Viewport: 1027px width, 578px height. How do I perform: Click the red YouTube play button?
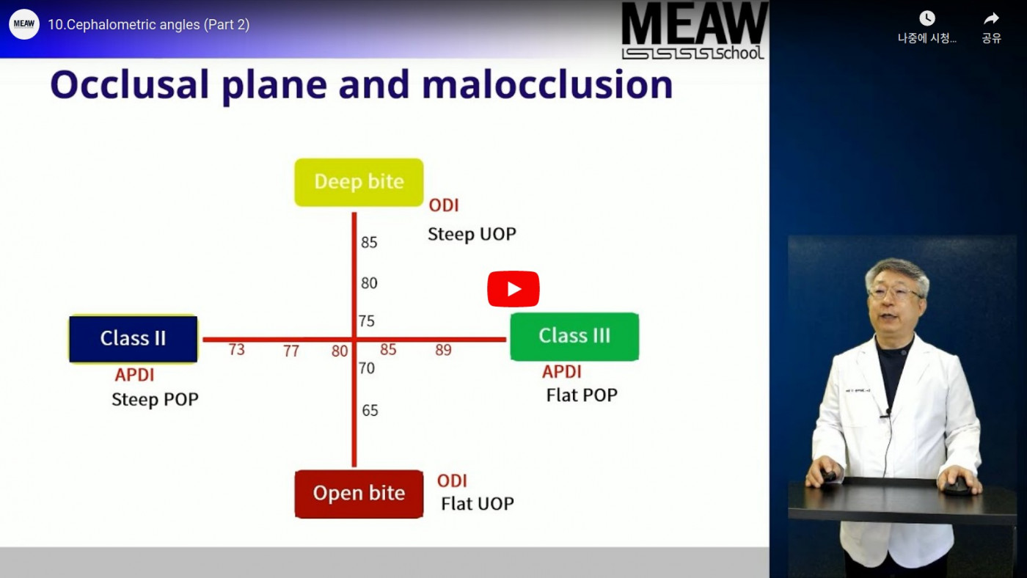513,289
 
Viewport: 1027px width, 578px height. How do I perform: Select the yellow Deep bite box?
359,182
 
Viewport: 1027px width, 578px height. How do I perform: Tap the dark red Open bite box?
359,494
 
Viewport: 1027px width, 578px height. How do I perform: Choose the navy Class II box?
133,338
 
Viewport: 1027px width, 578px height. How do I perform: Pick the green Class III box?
574,337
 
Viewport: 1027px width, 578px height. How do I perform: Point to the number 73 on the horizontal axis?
236,350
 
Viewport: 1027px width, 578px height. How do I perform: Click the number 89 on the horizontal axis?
443,350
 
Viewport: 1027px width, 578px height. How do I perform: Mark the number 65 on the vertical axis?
370,410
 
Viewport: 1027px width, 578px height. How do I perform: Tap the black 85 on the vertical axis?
369,243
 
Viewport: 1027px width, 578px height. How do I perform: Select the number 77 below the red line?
291,351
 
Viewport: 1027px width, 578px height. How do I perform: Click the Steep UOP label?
472,234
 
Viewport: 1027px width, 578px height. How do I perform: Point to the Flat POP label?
582,395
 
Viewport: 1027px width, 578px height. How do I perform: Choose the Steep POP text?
155,399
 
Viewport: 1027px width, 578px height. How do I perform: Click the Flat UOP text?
478,504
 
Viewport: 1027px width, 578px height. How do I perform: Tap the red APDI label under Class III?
562,372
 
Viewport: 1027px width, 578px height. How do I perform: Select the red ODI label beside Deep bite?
443,205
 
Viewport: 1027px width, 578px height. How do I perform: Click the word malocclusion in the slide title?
547,85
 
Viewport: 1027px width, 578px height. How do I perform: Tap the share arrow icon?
991,18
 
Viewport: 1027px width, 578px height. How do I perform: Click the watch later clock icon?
927,18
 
